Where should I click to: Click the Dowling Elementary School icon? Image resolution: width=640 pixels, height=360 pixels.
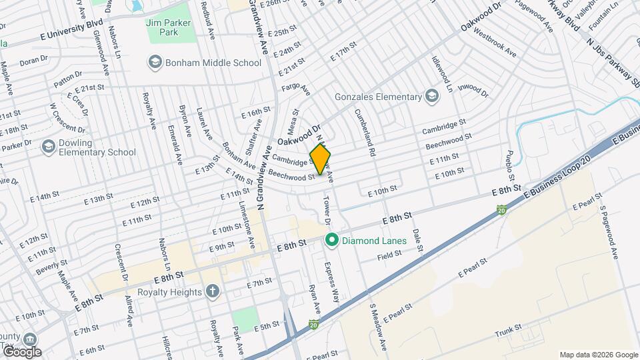48,146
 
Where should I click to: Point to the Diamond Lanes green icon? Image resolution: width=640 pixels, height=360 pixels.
330,240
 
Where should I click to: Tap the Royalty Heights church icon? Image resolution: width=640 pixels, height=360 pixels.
212,291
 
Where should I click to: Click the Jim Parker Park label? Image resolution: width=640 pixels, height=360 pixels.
168,28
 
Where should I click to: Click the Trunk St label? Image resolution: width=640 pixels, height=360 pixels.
508,329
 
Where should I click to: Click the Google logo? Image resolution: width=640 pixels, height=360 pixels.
22,352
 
